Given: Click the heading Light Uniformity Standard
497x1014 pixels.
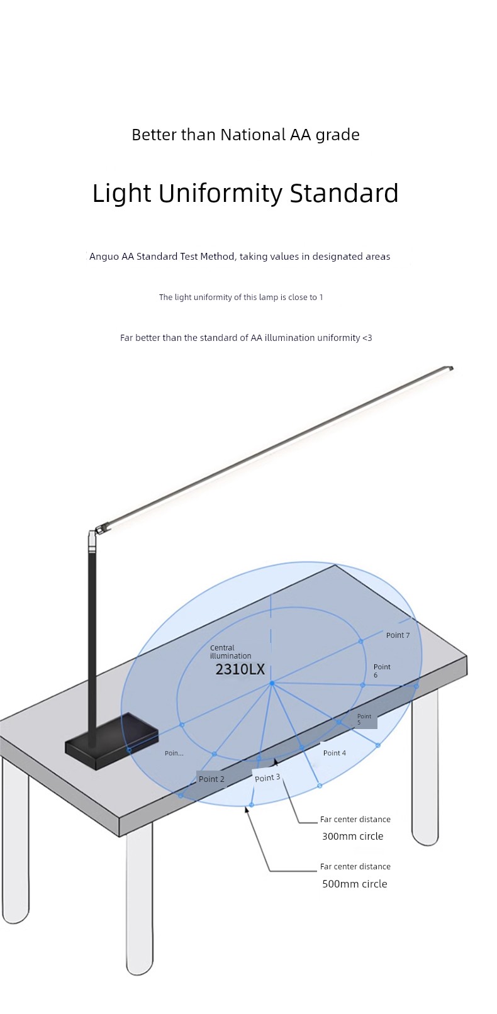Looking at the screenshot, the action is click(245, 193).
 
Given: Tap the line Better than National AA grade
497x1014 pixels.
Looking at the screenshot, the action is click(245, 135).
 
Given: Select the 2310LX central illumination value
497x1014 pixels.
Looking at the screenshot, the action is click(240, 669).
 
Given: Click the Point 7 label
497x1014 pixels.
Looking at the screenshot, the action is click(398, 635).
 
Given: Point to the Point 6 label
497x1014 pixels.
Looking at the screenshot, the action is click(382, 671).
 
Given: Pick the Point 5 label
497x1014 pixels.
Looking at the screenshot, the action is click(364, 720).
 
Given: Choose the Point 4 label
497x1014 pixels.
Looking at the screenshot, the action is click(335, 753).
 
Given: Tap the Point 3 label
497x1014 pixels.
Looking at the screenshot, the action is click(267, 777).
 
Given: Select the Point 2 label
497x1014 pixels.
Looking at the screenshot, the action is click(211, 779).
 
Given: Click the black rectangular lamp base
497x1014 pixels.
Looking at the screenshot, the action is click(112, 740).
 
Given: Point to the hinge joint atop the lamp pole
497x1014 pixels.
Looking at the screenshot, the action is click(98, 530).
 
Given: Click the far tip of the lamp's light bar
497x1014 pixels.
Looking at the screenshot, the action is click(451, 368).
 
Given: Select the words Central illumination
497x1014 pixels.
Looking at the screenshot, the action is click(230, 652).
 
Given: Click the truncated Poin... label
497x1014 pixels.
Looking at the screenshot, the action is click(174, 753).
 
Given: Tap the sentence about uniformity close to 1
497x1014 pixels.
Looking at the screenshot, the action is click(241, 297).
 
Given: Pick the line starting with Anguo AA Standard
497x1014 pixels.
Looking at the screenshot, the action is click(240, 257).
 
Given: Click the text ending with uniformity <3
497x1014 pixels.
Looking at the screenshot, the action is click(246, 338).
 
